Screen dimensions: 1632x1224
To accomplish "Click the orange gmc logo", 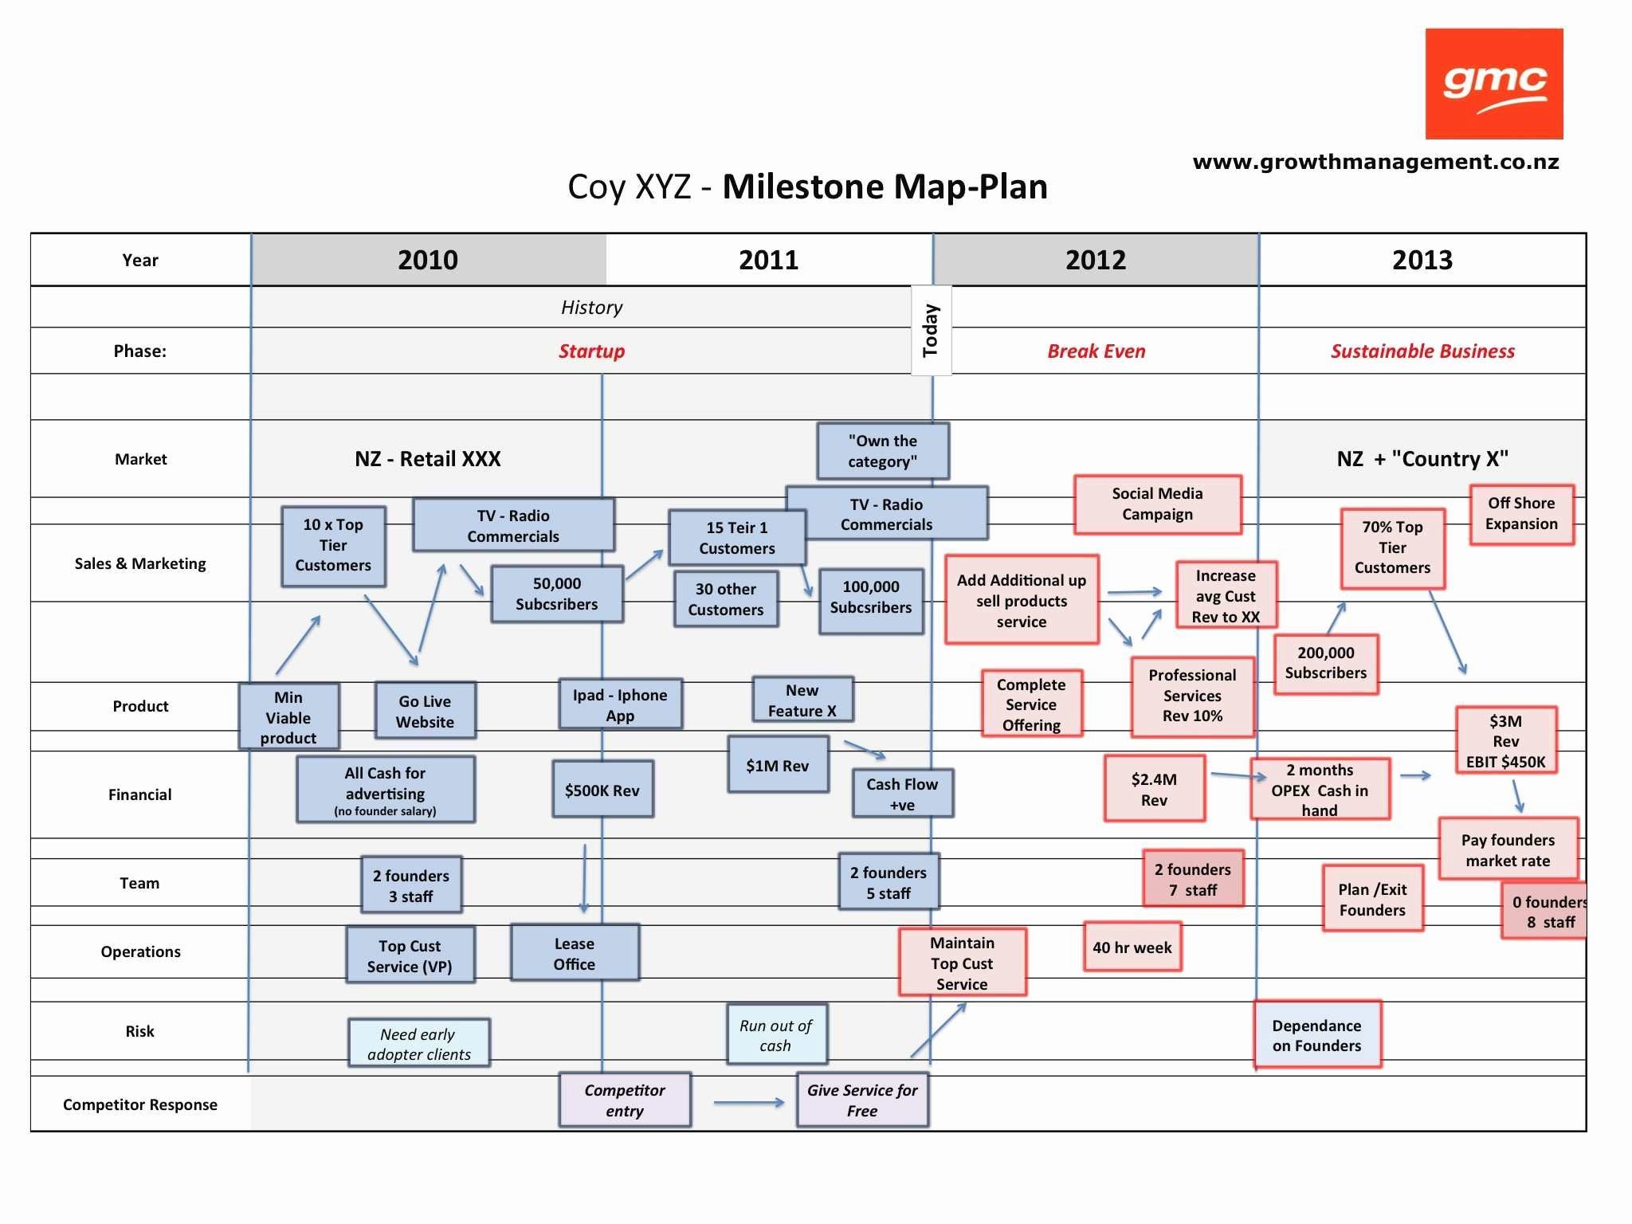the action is [x=1494, y=84].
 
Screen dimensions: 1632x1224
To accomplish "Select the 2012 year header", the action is [x=1096, y=260].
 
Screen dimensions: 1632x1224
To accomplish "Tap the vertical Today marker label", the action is [x=931, y=330].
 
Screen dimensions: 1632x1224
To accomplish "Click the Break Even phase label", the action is [x=1096, y=351].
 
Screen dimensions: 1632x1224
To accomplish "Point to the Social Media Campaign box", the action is [x=1158, y=504].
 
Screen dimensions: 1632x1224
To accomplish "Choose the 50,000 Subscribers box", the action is [x=557, y=594].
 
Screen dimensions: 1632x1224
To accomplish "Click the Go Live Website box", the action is [x=426, y=711].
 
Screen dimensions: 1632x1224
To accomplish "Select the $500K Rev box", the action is [x=602, y=790].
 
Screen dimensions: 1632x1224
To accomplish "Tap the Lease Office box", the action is [x=575, y=953].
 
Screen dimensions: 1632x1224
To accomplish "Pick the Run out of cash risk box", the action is [x=776, y=1035].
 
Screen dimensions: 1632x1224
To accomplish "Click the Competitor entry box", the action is [x=625, y=1100].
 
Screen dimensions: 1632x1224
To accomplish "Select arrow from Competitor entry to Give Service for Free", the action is [x=749, y=1103].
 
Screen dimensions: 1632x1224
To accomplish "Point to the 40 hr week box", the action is [x=1132, y=947].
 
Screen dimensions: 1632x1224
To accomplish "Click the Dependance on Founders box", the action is [x=1317, y=1035].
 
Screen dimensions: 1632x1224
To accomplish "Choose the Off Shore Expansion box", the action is [x=1522, y=514].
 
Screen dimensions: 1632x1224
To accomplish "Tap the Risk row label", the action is [x=140, y=1031].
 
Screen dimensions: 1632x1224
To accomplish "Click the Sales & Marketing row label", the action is [x=140, y=563].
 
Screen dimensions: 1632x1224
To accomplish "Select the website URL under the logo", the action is [x=1376, y=162].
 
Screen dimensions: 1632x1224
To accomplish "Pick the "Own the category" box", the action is [x=883, y=451].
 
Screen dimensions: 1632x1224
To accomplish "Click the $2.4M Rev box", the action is [x=1155, y=789].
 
